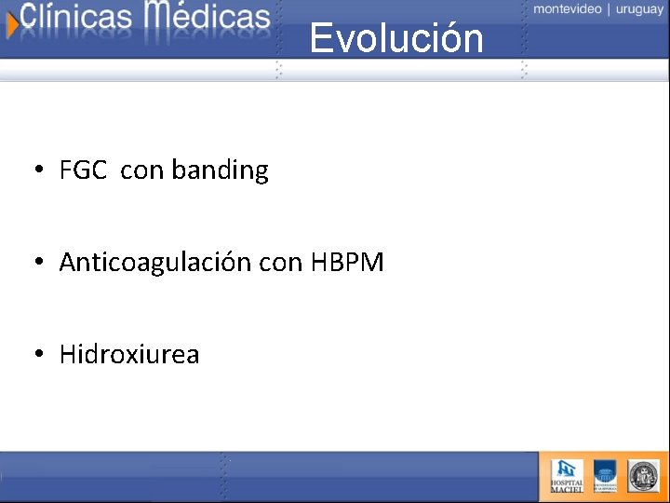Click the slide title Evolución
396,38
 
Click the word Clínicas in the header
77,18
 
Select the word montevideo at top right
567,9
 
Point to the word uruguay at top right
639,9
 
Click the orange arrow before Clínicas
11,23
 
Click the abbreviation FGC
83,170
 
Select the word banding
220,170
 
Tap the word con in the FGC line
141,171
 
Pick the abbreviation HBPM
347,263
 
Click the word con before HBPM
281,264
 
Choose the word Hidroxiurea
129,355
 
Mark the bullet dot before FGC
38,170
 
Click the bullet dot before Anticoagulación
38,263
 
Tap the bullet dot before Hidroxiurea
38,355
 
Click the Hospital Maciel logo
567,476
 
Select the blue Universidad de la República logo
605,476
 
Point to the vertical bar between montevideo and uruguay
609,9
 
